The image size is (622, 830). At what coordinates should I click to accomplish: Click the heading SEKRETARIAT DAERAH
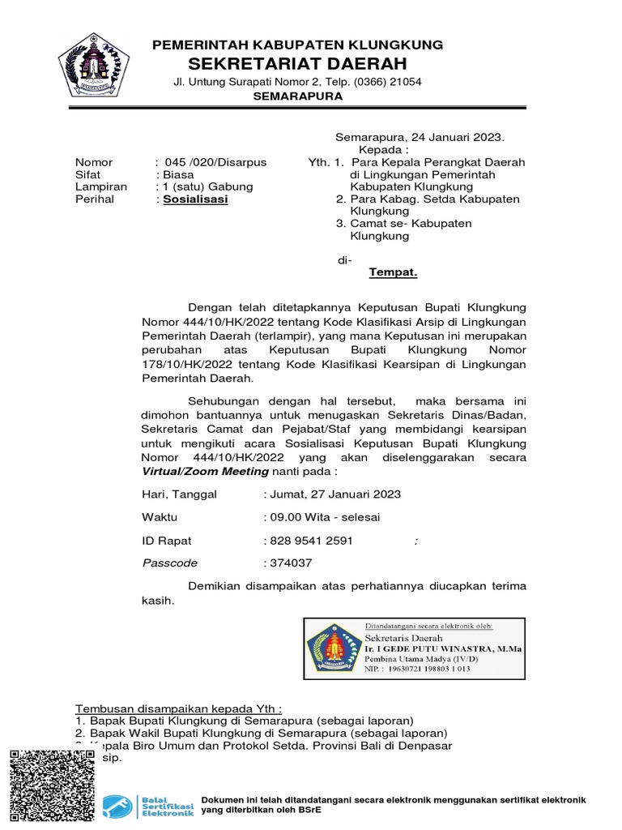click(x=298, y=64)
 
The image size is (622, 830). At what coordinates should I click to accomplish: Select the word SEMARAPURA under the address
click(x=298, y=96)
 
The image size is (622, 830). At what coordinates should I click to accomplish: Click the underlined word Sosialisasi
click(x=195, y=199)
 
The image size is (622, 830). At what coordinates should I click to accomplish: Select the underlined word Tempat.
click(x=393, y=272)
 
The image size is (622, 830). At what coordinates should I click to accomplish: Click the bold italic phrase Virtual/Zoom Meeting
click(x=205, y=471)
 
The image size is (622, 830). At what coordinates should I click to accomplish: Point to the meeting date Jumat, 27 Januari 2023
click(x=332, y=494)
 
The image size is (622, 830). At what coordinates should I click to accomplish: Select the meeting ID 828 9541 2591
click(x=309, y=540)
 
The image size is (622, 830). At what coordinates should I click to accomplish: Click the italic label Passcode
click(x=169, y=563)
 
